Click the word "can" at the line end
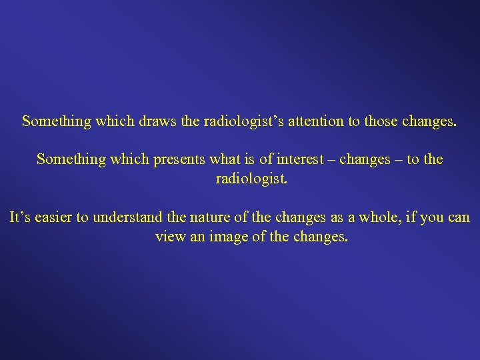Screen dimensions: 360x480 tap(457, 217)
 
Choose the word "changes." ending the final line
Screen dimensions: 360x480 tap(320, 236)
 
